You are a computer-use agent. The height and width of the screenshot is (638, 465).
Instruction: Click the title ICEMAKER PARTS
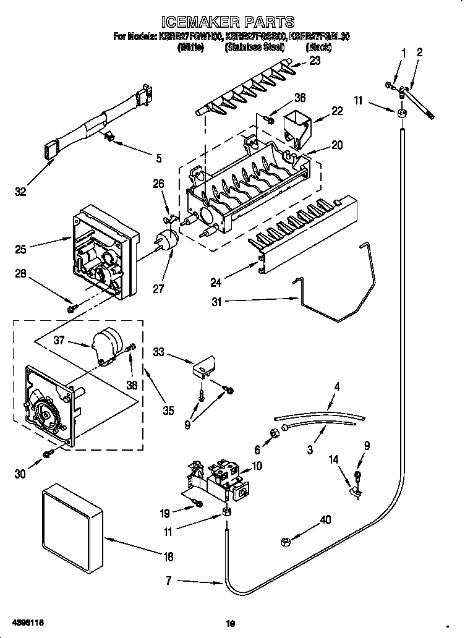pos(232,23)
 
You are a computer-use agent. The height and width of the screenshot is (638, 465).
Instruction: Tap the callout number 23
pos(315,61)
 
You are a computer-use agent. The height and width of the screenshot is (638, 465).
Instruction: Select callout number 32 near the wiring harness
pos(20,192)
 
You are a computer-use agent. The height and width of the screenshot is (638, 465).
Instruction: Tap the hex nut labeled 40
pos(287,541)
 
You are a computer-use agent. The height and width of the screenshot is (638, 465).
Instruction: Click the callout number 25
pos(20,249)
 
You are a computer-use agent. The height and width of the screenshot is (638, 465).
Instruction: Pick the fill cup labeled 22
pos(296,127)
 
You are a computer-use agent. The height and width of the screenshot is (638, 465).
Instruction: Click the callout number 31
pos(215,302)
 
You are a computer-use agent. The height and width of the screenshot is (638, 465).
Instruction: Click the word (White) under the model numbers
pos(190,47)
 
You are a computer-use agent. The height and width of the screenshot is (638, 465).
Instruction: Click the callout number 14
pos(334,460)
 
